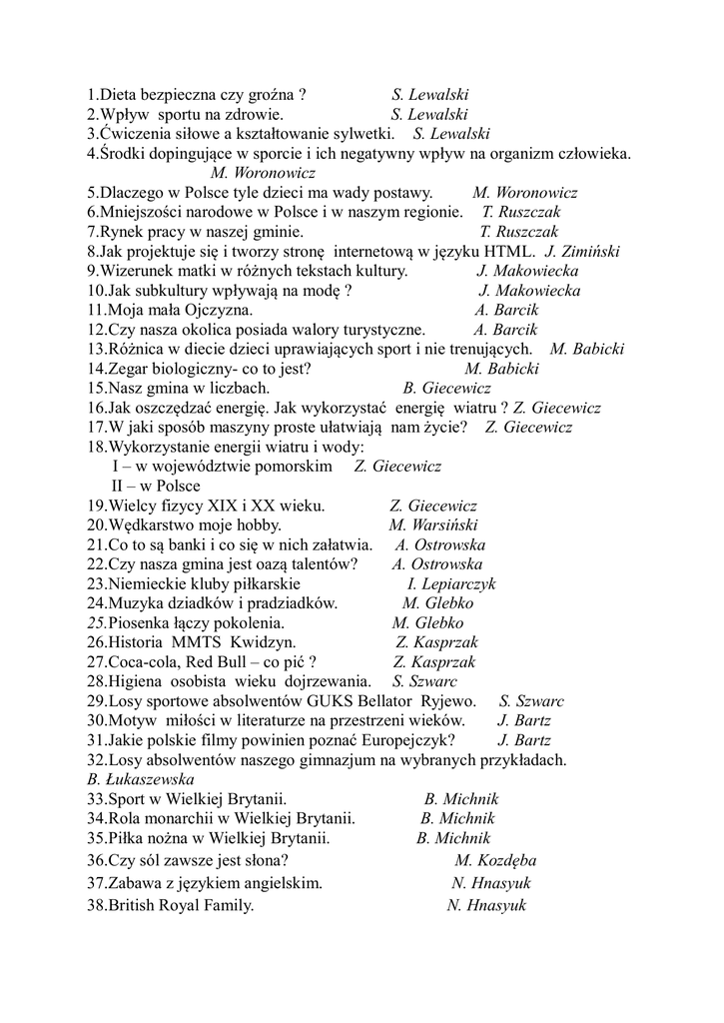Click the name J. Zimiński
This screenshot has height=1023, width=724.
click(583, 252)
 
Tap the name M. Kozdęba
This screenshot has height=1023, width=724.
click(495, 860)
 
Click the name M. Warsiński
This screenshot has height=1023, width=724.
click(433, 525)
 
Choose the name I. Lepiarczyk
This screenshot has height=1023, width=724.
click(451, 584)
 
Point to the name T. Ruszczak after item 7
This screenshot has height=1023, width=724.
click(519, 232)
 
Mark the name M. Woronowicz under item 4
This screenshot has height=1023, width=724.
click(264, 174)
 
